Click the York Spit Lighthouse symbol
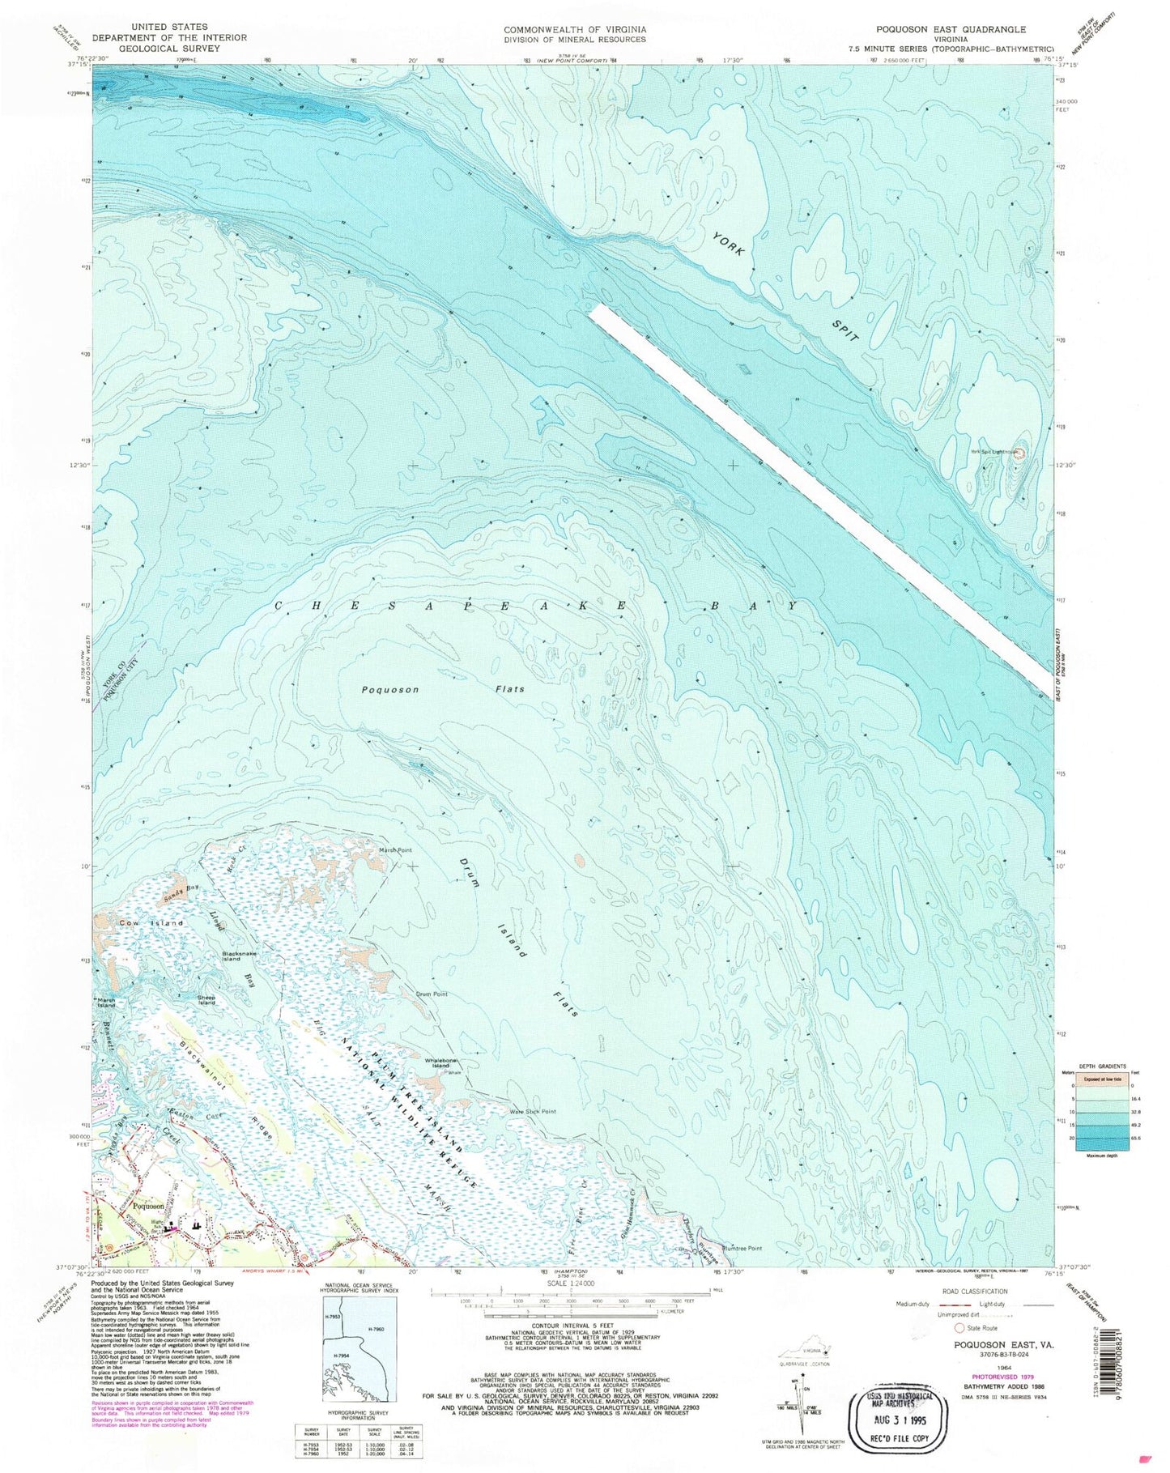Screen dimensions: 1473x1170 [1019, 453]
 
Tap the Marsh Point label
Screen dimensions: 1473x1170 [396, 850]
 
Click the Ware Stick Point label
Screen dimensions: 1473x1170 [532, 1112]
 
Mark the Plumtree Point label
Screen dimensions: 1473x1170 [742, 1248]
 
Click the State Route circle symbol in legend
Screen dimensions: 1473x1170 [960, 1329]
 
